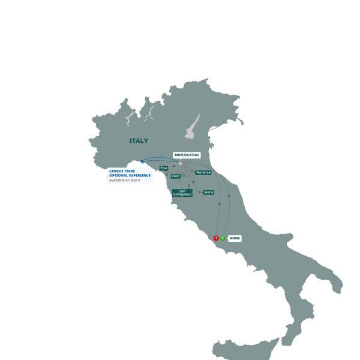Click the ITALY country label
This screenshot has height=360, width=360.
tap(138, 141)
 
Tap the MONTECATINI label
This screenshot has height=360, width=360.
tap(187, 155)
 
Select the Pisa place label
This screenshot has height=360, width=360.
tap(164, 168)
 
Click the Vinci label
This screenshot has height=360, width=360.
tap(176, 176)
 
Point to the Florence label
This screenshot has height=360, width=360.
tap(203, 173)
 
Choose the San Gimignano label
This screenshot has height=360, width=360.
tap(182, 193)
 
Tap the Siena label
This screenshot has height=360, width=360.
tap(208, 193)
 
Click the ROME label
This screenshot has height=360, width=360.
tap(235, 238)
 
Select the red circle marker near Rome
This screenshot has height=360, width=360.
tap(216, 238)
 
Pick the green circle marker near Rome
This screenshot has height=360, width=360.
tap(223, 238)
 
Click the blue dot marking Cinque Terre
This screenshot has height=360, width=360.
tap(142, 161)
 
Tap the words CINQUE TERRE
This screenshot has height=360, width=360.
tap(122, 171)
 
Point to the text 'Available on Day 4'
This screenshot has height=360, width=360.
tap(124, 180)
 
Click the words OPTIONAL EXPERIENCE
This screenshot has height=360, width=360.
tap(130, 175)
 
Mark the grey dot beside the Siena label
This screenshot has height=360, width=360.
tap(199, 192)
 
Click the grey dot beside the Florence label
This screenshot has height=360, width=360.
tap(193, 172)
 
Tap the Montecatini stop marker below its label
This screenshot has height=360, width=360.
tap(180, 162)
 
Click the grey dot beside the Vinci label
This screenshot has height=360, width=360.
tap(184, 176)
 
